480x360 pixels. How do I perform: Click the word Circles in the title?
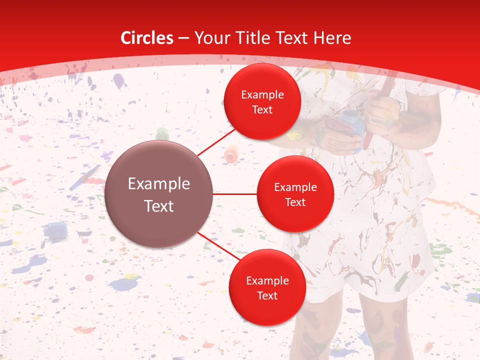tap(147, 38)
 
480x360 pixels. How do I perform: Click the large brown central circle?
tap(158, 194)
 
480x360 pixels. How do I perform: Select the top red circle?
tap(262, 101)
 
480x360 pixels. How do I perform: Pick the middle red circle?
tap(295, 194)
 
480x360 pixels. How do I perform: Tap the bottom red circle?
tap(267, 287)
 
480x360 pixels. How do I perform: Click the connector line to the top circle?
tap(217, 142)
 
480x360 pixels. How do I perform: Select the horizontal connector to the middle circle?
tap(234, 193)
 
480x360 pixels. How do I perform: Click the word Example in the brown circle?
tap(158, 184)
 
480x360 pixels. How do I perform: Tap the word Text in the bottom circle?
tap(267, 295)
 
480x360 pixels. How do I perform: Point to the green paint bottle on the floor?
tap(162, 134)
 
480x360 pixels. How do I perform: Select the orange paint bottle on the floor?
tap(231, 153)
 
